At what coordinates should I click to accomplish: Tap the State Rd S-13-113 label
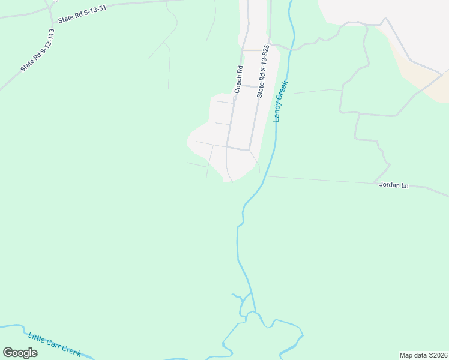(x=41, y=50)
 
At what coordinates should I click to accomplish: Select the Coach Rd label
(x=238, y=79)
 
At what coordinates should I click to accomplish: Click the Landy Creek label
(x=281, y=101)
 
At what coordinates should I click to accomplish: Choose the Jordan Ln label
(x=394, y=185)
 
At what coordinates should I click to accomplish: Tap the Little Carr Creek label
(x=55, y=344)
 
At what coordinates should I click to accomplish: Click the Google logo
(x=20, y=353)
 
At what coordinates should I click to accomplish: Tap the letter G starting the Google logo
(x=8, y=353)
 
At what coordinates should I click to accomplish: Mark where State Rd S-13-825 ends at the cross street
(x=249, y=149)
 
